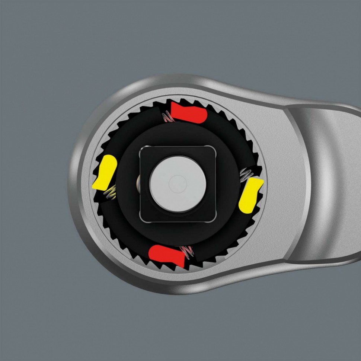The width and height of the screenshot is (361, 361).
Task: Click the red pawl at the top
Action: (189, 113)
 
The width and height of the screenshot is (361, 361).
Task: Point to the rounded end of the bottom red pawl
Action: (152, 253)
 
